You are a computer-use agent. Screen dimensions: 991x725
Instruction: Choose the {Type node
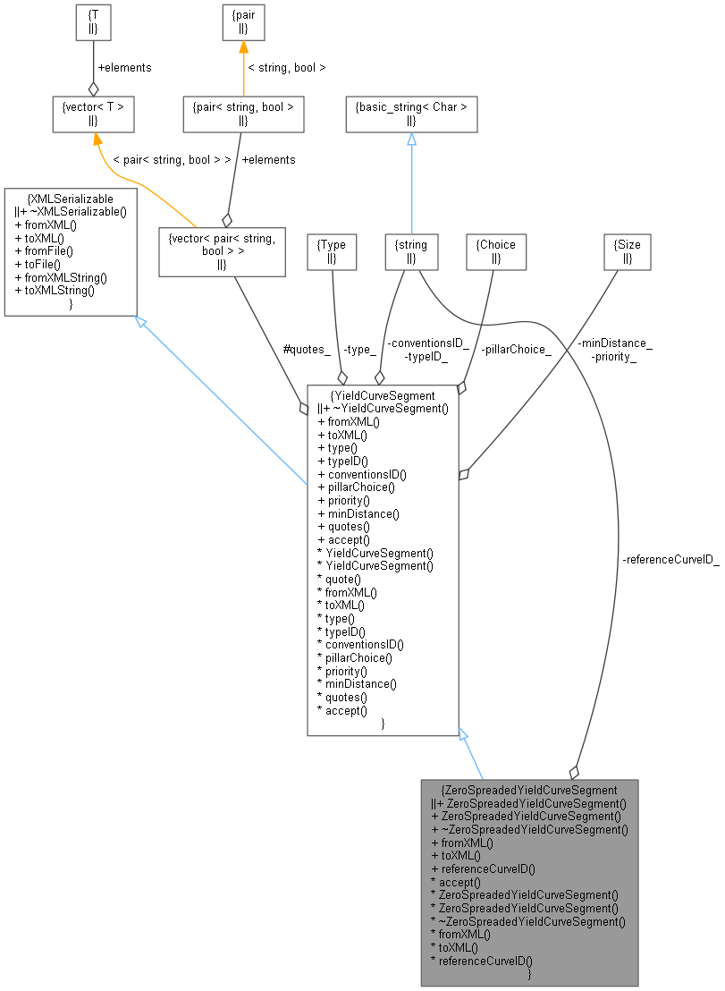click(x=331, y=251)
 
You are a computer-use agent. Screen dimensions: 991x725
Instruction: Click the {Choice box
click(x=496, y=251)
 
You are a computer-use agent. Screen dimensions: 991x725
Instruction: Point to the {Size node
click(x=628, y=251)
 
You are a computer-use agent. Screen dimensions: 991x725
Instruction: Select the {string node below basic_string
click(x=411, y=251)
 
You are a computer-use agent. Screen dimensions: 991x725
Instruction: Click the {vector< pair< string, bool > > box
click(x=222, y=251)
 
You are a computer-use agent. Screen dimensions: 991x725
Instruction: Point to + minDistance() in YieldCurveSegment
click(x=358, y=513)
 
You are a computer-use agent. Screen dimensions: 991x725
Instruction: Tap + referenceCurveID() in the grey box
click(x=483, y=868)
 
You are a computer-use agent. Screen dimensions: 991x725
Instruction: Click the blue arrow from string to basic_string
click(x=411, y=183)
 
